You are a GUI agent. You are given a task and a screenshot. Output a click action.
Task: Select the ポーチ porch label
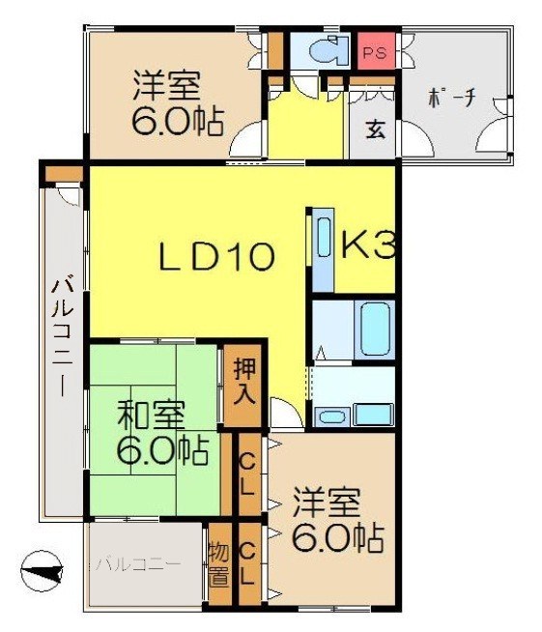tap(450, 100)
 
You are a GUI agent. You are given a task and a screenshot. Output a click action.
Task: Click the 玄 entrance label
tap(375, 130)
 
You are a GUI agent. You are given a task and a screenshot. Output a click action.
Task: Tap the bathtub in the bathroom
tap(374, 330)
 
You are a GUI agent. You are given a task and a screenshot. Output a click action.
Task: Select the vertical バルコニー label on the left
tap(63, 338)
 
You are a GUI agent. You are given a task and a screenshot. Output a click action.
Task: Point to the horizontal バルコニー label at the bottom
tap(137, 563)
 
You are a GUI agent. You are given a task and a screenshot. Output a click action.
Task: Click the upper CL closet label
tap(246, 474)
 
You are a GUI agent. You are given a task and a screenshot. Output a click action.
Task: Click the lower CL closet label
tap(246, 564)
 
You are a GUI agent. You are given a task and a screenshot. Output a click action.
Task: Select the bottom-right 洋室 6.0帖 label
tap(335, 521)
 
